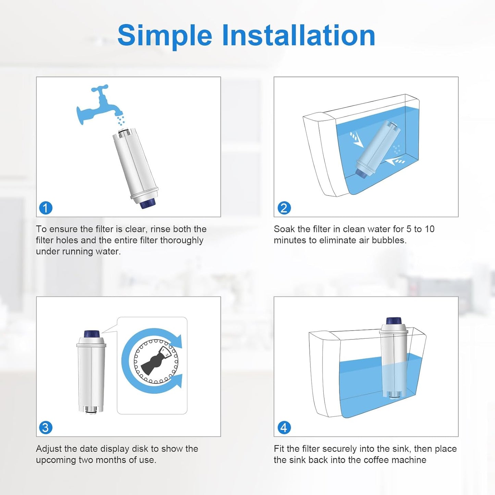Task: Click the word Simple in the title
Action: click(x=164, y=36)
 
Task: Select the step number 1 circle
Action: click(x=46, y=208)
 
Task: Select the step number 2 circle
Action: click(x=284, y=208)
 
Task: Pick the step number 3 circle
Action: click(x=46, y=428)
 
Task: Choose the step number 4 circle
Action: click(x=284, y=428)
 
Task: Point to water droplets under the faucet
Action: click(x=121, y=120)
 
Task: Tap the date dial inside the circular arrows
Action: click(x=156, y=361)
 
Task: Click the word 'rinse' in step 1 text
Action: click(x=160, y=229)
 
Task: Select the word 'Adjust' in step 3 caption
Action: click(x=49, y=449)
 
